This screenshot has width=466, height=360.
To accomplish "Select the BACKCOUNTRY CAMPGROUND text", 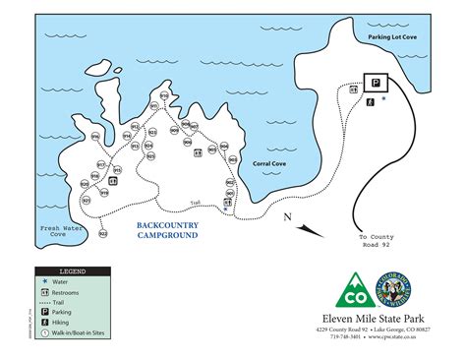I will pyautogui.click(x=167, y=230).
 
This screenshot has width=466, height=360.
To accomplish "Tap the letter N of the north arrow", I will pyautogui.click(x=286, y=217).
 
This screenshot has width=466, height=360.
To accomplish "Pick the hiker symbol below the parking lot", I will pyautogui.click(x=369, y=100).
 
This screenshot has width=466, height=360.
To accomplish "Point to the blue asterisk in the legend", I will pyautogui.click(x=44, y=281).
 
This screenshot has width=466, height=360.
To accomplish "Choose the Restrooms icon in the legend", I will pyautogui.click(x=44, y=292).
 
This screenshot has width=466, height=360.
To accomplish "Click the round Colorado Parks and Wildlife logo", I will pyautogui.click(x=393, y=289).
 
